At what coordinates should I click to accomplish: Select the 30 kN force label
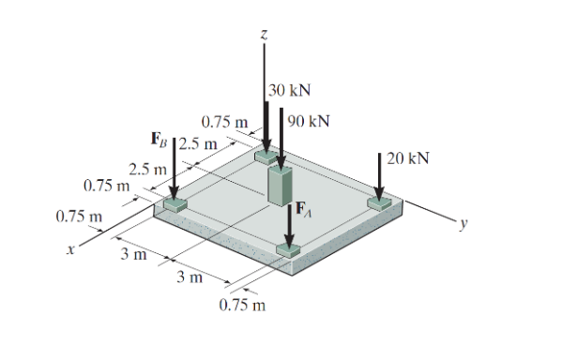290,91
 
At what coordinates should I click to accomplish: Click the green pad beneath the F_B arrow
174,205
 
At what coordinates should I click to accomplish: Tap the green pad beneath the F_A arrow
288,248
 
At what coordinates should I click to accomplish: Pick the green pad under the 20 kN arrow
379,202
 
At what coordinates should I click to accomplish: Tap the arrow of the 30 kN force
266,117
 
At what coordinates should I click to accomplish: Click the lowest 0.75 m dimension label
241,306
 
